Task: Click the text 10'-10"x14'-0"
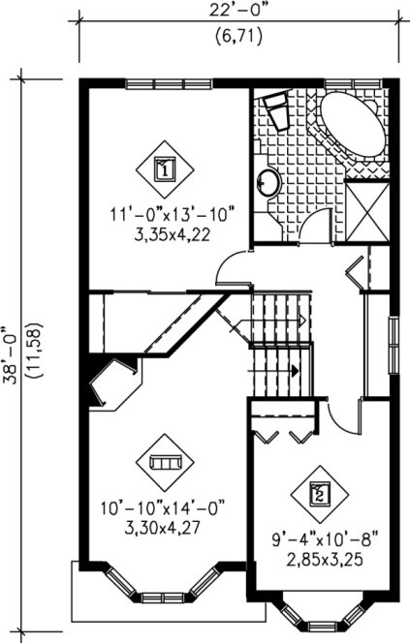161,505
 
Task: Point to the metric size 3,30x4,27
161,524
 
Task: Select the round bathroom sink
268,181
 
